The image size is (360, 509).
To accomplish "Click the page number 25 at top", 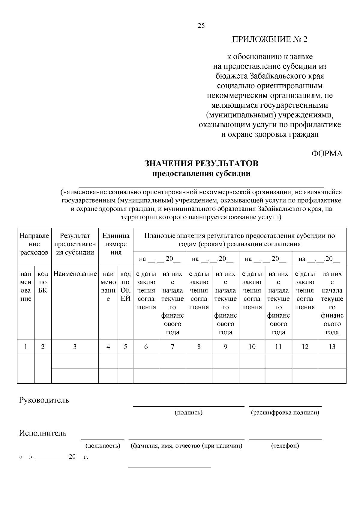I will coord(201,26).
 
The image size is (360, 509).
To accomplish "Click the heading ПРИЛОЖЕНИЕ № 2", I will coord(270,40).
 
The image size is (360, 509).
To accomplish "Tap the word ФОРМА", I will coord(327,154).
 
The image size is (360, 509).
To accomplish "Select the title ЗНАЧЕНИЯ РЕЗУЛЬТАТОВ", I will coord(201,163).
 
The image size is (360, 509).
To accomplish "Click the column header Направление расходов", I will coord(34,244).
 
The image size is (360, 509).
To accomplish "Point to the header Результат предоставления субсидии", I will coord(75,244).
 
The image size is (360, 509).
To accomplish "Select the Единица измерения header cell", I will coord(116,244).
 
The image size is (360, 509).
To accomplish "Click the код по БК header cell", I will coord(43,282).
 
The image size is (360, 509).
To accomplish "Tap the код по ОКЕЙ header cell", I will coord(125,286).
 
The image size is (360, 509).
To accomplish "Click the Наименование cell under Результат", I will coord(75,274).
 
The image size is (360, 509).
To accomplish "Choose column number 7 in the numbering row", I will coord(172,347).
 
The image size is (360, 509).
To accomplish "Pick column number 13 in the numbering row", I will coord(332,347).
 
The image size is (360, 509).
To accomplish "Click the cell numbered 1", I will coord(26,347).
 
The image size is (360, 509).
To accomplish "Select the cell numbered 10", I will coord(252,347).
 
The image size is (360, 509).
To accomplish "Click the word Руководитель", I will coord(44,400).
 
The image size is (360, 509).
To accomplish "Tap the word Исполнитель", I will coord(43,433).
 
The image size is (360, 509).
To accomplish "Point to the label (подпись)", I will coord(189,412).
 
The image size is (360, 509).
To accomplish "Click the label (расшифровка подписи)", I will coord(285,412).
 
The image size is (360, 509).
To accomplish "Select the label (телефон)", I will coord(285,446).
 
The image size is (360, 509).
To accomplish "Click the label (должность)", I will coord(103,446).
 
